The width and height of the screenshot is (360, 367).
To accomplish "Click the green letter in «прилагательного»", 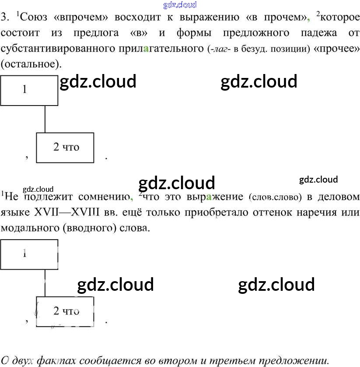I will pos(146,49).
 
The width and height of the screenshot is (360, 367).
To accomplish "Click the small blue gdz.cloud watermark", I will pos(180,5).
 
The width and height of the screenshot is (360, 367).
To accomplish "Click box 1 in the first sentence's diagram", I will pos(29,90).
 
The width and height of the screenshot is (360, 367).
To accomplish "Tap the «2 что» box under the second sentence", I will pos(65,311).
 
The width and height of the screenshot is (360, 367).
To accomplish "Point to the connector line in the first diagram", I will pos(45,119).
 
